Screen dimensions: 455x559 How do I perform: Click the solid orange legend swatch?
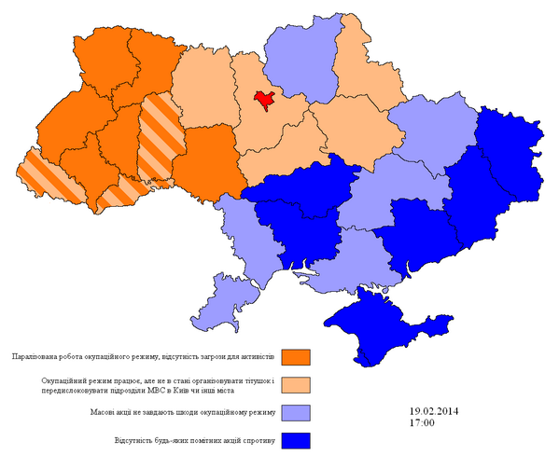296,357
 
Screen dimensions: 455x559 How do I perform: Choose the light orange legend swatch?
296,384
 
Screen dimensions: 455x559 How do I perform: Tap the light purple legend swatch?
296,412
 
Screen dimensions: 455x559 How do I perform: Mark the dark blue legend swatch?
296,439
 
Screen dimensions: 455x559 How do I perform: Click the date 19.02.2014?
434,411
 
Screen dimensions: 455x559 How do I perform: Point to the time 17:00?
422,423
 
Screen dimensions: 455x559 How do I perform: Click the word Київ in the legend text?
197,391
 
